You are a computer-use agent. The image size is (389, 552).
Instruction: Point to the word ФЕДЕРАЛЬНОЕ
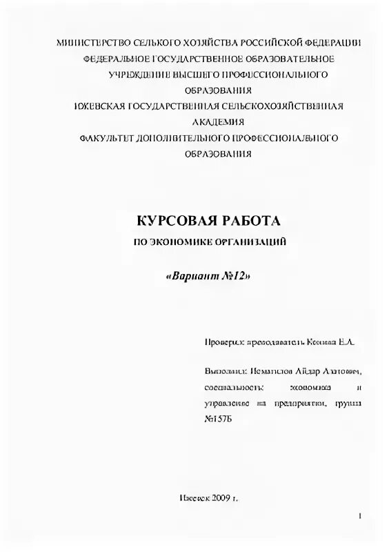pos(117,59)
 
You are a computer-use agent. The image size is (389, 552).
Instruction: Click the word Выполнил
pos(225,371)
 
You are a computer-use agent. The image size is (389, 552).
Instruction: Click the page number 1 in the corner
pos(360,516)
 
